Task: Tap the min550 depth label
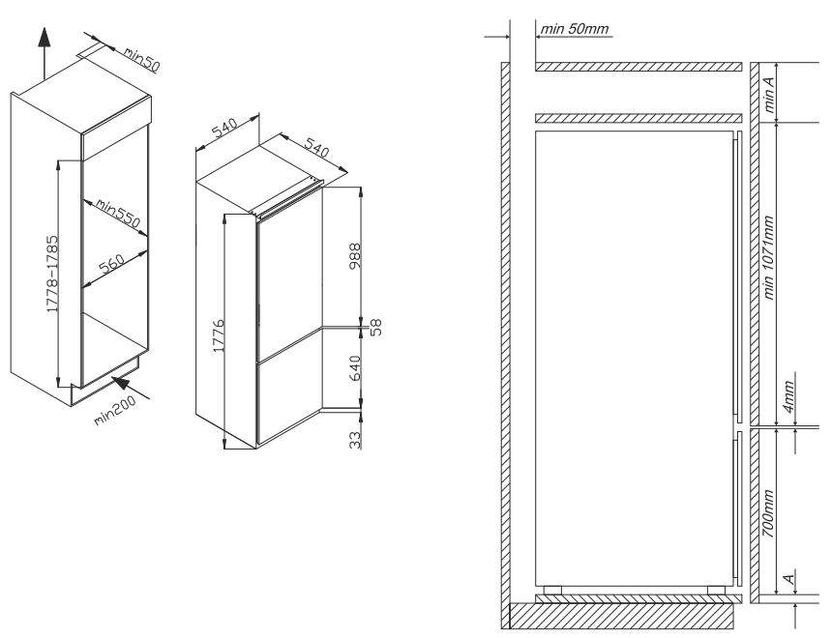(117, 215)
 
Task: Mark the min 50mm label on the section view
(576, 29)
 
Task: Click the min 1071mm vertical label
(770, 265)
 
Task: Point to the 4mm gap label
(788, 397)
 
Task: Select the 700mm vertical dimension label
(768, 513)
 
